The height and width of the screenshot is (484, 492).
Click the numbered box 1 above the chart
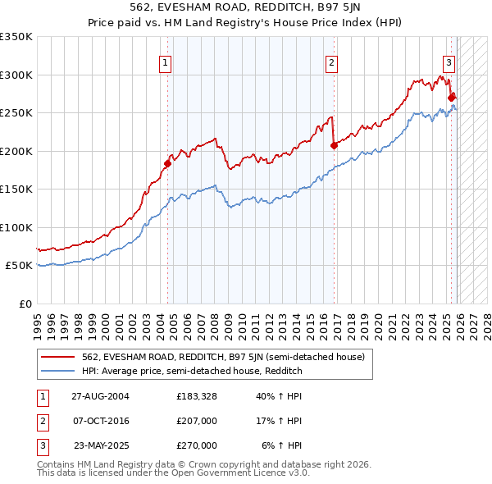pyautogui.click(x=166, y=62)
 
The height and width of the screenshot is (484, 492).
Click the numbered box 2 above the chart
pyautogui.click(x=331, y=62)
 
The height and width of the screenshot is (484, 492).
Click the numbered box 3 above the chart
pyautogui.click(x=449, y=62)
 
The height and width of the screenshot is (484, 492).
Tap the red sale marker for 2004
pyautogui.click(x=167, y=163)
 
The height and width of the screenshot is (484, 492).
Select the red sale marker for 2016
pyautogui.click(x=334, y=145)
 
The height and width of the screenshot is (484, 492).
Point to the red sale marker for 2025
pyautogui.click(x=452, y=97)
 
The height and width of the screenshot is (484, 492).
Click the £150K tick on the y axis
pyautogui.click(x=16, y=189)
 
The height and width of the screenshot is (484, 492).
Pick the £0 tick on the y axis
pyautogui.click(x=25, y=304)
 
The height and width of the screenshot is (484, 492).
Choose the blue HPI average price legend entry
pyautogui.click(x=192, y=371)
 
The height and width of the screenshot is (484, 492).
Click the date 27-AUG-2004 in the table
pyautogui.click(x=100, y=395)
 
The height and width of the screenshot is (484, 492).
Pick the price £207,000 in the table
pyautogui.click(x=197, y=421)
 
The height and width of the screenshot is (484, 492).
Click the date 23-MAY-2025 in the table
pyautogui.click(x=101, y=445)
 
